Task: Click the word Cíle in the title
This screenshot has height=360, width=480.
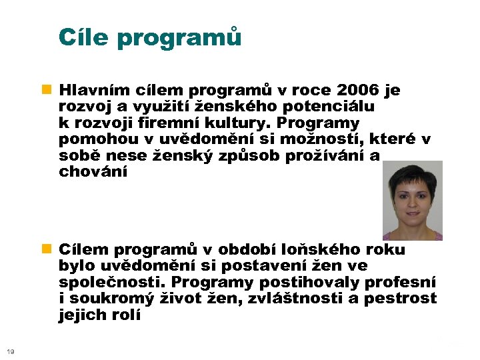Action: pos(84,37)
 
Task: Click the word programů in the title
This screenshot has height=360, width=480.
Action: pos(179,39)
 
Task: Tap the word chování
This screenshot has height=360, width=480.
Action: pos(91,172)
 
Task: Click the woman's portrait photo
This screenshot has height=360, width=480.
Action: pos(412,200)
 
